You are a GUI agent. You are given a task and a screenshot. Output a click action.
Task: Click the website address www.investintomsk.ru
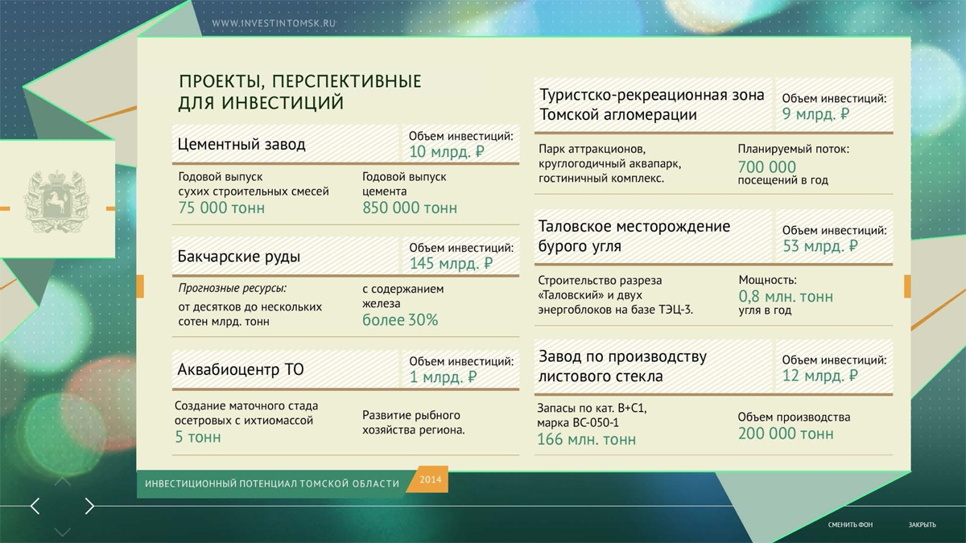pos(274,23)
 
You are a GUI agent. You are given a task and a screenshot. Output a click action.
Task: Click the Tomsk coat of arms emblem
pos(56,202)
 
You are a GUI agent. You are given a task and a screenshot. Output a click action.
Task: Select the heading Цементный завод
pos(242,144)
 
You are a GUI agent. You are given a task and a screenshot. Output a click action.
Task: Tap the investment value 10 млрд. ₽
pos(446,152)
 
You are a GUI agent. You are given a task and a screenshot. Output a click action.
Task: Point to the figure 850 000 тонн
pos(409,208)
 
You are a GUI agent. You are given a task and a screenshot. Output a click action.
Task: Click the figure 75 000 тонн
pos(221,208)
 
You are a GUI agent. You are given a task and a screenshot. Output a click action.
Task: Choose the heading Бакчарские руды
pos(238,257)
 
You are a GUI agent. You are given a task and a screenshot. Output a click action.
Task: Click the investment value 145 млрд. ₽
pos(451,263)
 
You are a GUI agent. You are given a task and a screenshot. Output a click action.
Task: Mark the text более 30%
pos(400,320)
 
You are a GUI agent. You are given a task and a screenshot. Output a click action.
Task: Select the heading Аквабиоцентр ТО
pos(240,369)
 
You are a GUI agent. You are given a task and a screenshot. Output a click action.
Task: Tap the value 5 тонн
pos(197,437)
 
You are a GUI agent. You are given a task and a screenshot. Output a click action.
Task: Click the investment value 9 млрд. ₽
pos(815,113)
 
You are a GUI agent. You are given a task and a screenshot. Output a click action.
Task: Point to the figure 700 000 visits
pos(766,167)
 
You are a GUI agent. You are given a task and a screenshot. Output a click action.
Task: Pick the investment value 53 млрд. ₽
pos(819,246)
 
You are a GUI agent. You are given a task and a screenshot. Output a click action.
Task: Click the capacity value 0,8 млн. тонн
pos(786,297)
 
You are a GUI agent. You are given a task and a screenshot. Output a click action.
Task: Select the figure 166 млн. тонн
pos(586,439)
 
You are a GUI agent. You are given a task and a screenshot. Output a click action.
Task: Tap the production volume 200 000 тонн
pos(786,434)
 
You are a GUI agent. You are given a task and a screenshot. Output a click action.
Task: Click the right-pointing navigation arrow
pos(89,506)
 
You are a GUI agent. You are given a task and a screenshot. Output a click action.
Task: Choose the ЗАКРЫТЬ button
pos(922,524)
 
